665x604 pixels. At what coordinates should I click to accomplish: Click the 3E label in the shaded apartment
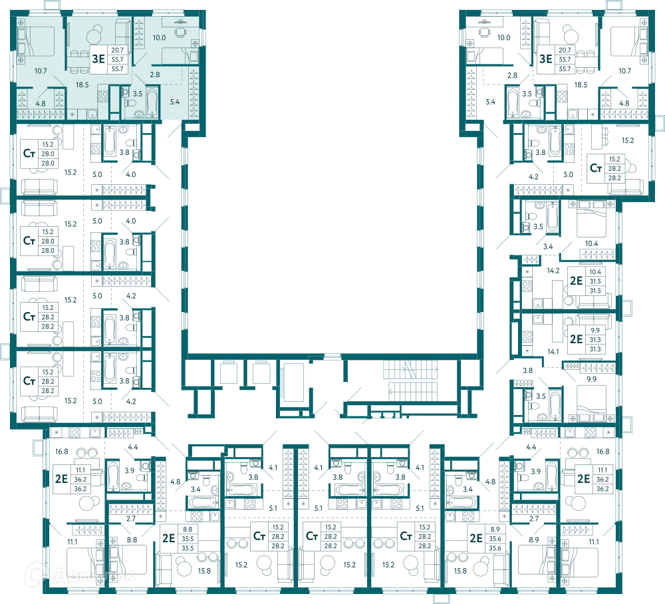[98, 59]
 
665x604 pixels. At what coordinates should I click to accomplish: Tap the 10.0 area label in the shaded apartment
[159, 38]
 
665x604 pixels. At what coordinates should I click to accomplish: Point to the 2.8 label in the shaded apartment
[155, 75]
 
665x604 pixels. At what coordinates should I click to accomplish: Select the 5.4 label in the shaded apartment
[175, 102]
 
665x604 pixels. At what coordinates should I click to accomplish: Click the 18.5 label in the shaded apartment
[82, 85]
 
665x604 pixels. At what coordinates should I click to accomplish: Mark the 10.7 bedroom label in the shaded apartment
[41, 71]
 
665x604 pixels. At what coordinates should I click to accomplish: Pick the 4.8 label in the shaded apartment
[41, 104]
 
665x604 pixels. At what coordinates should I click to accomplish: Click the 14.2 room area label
[553, 271]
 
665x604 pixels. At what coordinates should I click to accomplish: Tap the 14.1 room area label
[553, 352]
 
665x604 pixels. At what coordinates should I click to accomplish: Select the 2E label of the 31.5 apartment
[576, 281]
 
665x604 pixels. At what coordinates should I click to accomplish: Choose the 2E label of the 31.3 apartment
[576, 339]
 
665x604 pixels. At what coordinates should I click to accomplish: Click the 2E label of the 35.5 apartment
[169, 538]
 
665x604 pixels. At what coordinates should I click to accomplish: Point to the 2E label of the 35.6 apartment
[476, 538]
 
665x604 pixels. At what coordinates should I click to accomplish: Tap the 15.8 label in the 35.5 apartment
[204, 571]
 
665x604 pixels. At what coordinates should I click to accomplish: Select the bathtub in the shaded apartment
[152, 102]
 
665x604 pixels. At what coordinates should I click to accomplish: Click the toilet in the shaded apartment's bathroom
[130, 103]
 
